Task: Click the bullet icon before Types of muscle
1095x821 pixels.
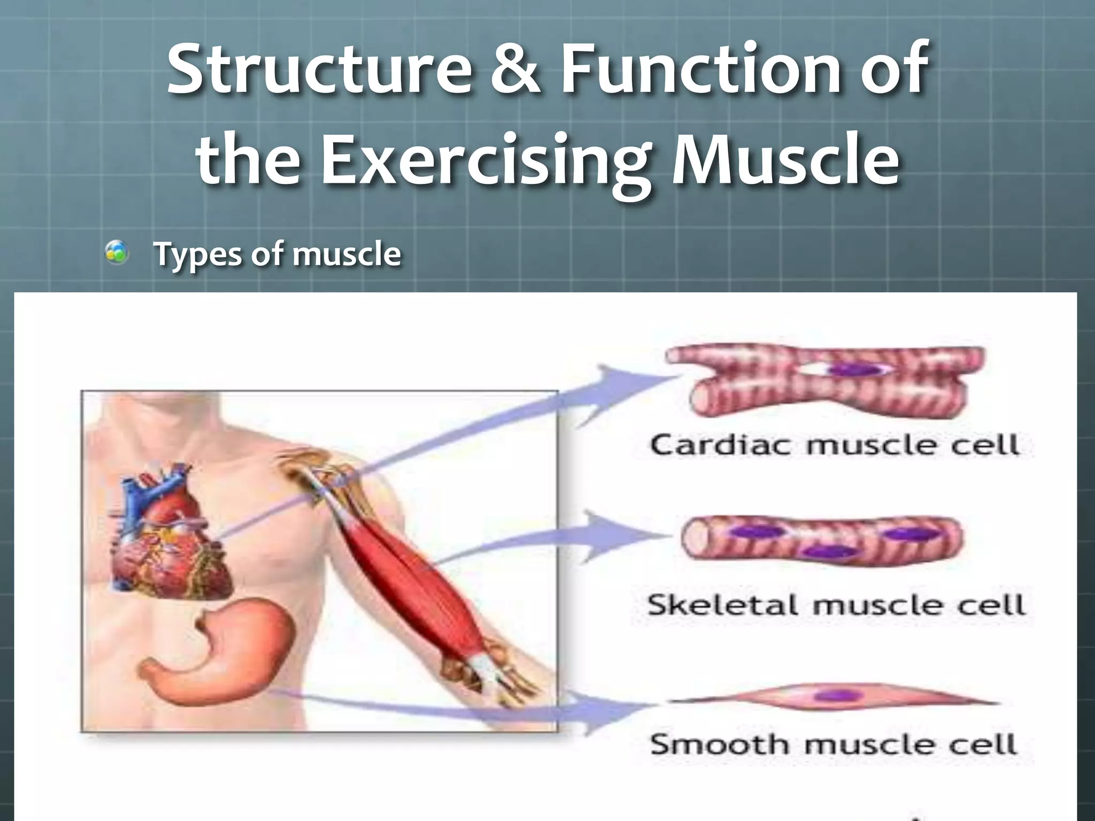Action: click(117, 252)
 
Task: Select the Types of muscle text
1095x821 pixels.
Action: click(277, 254)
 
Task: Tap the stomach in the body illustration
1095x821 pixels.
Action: click(225, 652)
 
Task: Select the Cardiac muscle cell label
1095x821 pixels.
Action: click(834, 445)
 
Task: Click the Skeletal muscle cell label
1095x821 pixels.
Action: click(835, 605)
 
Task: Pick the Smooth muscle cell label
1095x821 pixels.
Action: click(833, 744)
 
